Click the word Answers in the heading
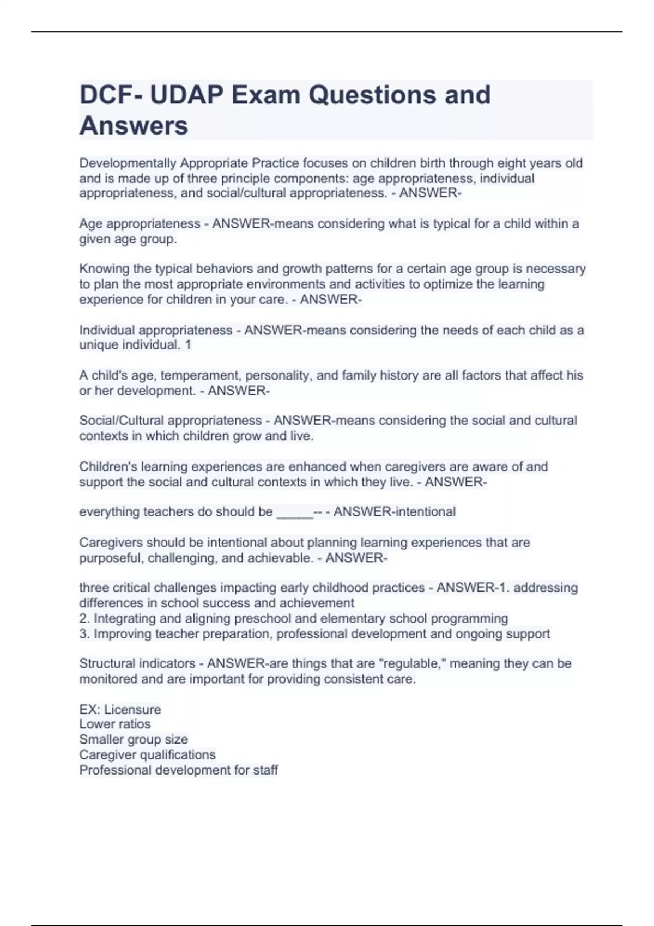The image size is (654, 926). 134,126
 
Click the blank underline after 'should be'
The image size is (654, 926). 295,513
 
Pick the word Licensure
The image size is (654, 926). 132,710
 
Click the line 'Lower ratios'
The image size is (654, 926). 114,724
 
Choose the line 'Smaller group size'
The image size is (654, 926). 134,739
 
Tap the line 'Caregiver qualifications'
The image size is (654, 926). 147,754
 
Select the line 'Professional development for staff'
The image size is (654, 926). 178,770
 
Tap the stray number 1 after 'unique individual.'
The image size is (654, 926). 188,345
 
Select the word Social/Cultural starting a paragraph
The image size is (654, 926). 116,421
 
